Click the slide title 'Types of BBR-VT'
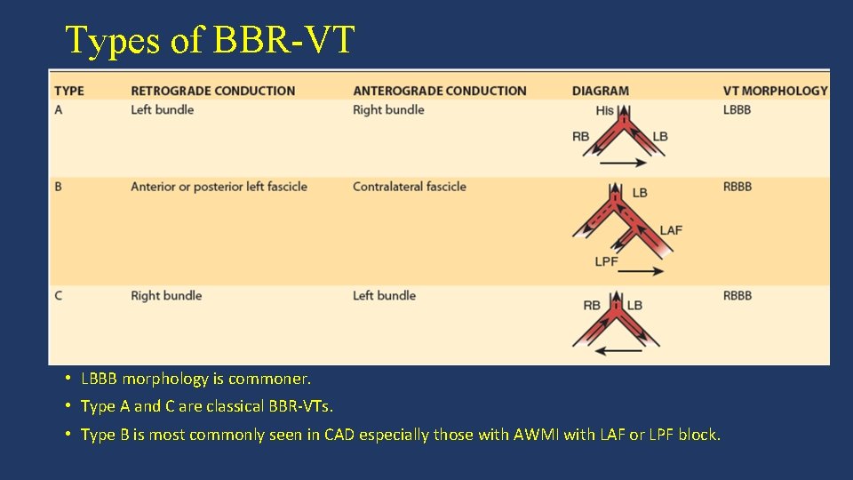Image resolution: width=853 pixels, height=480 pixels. coord(210,40)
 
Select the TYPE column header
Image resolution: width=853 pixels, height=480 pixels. coord(69,91)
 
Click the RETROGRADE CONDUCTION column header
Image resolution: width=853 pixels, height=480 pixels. coord(212,91)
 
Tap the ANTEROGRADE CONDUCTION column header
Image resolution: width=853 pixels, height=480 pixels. coord(439,91)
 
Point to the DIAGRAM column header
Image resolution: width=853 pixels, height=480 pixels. coord(600,91)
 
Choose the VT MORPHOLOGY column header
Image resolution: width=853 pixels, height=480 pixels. coord(775,91)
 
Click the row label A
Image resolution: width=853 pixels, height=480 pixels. coord(59,110)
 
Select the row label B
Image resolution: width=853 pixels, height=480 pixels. coord(59,187)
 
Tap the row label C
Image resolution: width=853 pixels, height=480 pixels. coord(59,296)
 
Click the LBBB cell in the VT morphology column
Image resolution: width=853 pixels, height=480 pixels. coord(737,110)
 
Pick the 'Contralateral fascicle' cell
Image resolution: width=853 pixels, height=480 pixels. coord(409,187)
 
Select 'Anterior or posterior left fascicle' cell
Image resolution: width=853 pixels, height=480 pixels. coord(219,187)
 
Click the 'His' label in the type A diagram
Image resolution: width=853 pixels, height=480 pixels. coord(605,111)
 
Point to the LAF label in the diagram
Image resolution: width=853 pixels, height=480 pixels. coord(671,230)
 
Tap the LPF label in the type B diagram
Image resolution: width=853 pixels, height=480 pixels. coord(606,261)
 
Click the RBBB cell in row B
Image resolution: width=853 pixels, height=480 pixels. coord(737,187)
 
